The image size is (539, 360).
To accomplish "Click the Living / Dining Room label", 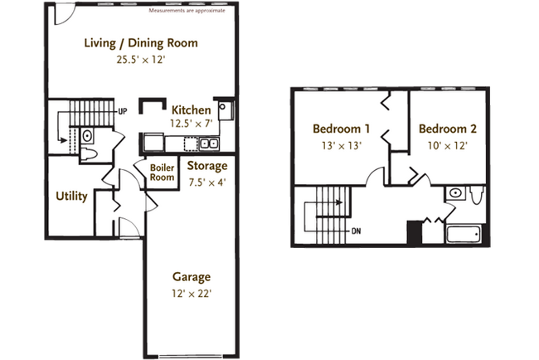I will click(x=142, y=43).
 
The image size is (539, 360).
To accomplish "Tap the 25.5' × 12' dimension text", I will click(x=142, y=59).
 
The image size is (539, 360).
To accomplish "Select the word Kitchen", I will click(x=191, y=109).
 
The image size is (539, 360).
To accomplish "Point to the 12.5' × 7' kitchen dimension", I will click(x=191, y=123).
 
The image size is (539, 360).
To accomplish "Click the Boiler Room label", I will click(x=161, y=172).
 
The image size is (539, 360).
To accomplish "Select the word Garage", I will click(x=191, y=276).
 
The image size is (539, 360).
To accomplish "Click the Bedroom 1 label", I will click(x=341, y=129).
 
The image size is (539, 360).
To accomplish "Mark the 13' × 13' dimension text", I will click(x=341, y=144).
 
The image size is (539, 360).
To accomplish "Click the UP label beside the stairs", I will click(x=123, y=110).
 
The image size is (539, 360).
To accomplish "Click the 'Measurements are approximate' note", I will click(x=187, y=11).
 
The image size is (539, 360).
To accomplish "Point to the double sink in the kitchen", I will click(x=209, y=144).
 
